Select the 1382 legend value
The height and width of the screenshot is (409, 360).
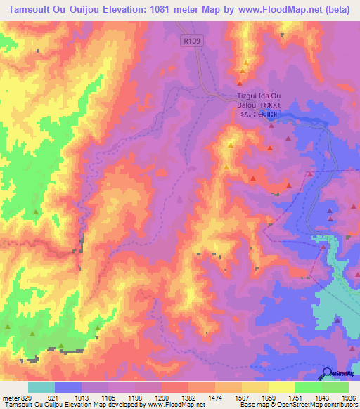tap(188, 397)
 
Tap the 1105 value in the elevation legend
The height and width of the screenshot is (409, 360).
tap(108, 397)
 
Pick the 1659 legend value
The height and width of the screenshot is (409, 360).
tap(268, 397)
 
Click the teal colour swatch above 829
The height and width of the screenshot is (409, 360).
tap(41, 387)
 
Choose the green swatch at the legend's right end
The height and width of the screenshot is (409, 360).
tap(335, 387)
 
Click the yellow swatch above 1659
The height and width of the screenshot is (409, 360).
tap(281, 387)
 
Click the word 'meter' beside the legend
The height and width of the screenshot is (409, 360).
tap(9, 397)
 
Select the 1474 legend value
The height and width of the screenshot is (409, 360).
tap(214, 397)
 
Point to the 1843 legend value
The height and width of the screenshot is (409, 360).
tap(321, 397)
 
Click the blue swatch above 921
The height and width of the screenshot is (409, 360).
tap(67, 387)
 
